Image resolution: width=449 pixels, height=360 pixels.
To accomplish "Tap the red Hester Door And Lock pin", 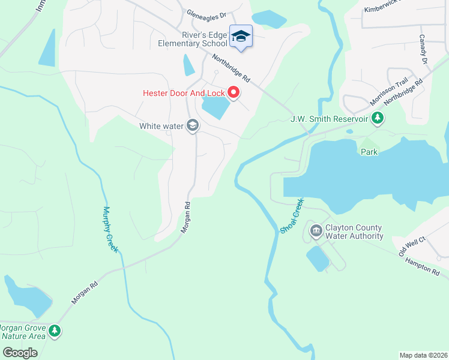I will pyautogui.click(x=234, y=93).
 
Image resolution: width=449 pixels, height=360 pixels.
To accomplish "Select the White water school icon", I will pyautogui.click(x=193, y=125).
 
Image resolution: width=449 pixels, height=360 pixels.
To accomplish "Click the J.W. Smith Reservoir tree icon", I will pyautogui.click(x=377, y=118).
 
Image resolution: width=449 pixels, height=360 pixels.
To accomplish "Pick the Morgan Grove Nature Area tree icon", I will pyautogui.click(x=55, y=331).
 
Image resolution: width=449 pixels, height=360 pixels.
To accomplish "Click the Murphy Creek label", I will pyautogui.click(x=109, y=229).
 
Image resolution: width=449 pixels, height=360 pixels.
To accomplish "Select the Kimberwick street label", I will pyautogui.click(x=385, y=10).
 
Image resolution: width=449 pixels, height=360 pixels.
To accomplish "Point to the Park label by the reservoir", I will pyautogui.click(x=369, y=152).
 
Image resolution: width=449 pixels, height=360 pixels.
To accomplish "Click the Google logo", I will pyautogui.click(x=20, y=352).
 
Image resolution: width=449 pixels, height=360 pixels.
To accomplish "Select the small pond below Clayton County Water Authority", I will pyautogui.click(x=318, y=259).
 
